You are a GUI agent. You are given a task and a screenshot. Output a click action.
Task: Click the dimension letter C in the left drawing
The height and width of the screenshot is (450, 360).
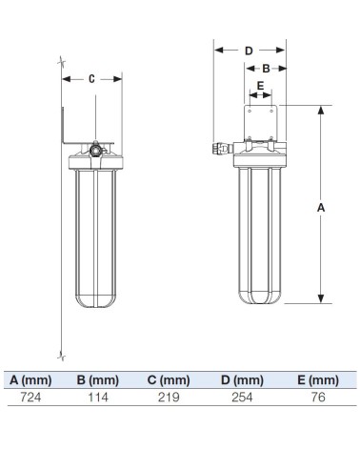click(92, 80)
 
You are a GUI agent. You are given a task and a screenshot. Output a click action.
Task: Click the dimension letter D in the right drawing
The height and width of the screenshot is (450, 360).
click(249, 50)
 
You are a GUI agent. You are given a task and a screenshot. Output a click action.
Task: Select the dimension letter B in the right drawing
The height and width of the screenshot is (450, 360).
click(267, 68)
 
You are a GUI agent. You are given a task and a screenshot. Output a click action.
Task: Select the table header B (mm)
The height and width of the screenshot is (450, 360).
click(97, 379)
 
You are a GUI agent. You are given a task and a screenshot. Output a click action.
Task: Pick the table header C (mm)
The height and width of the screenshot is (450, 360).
click(170, 379)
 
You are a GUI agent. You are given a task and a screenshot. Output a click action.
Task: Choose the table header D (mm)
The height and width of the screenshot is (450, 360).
click(242, 379)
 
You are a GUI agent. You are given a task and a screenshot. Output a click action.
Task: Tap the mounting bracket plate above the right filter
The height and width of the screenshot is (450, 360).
click(260, 122)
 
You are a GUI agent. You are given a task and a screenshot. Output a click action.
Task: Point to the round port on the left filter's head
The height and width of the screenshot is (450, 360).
click(96, 149)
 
